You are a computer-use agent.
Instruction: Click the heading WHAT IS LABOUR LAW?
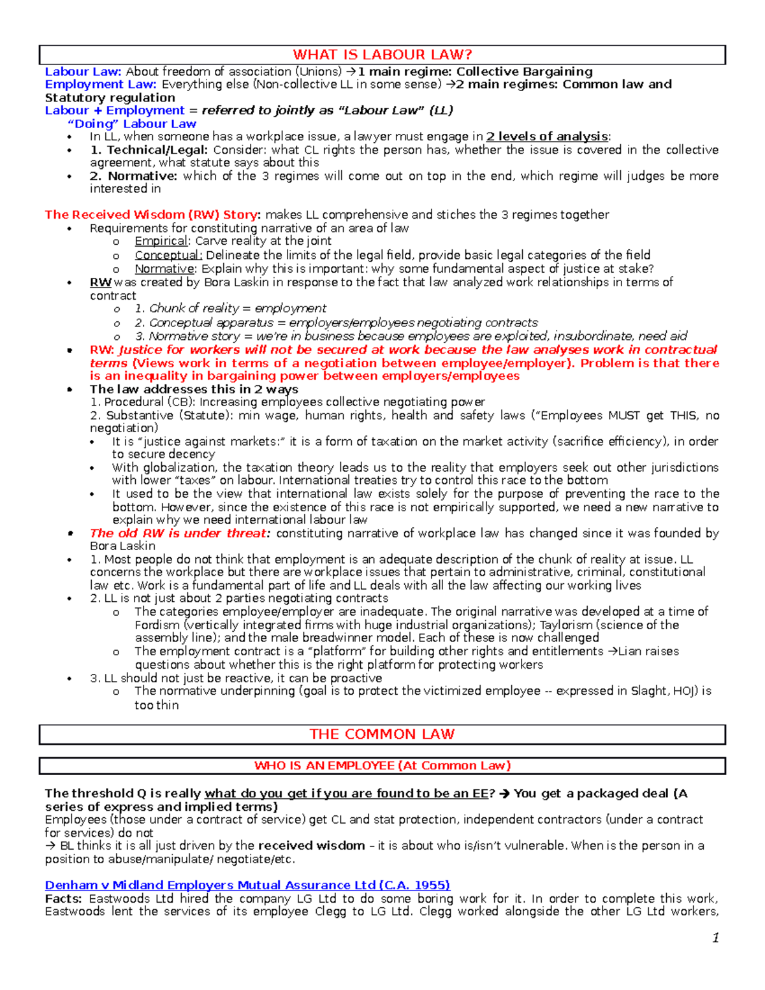point(382,55)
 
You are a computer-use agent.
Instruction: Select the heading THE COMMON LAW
point(382,734)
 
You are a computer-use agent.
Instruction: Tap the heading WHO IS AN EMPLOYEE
point(382,766)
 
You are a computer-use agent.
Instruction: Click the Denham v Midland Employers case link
point(247,885)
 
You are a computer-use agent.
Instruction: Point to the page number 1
point(715,937)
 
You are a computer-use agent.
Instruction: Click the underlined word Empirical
point(161,241)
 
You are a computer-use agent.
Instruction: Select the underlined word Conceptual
point(168,255)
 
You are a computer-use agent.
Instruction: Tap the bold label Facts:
point(63,898)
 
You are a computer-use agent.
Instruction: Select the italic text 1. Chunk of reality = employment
point(230,309)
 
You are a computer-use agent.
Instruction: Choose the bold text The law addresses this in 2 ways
point(194,389)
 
